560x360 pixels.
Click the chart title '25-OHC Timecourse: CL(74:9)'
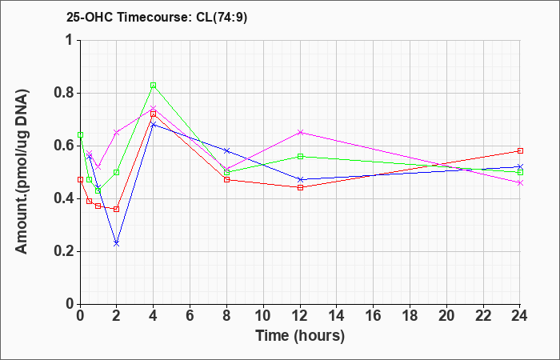(157, 18)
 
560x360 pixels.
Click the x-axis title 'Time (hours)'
(300, 336)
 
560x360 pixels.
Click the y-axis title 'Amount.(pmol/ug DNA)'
(22, 171)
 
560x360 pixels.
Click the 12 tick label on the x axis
(300, 316)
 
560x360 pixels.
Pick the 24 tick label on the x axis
(519, 316)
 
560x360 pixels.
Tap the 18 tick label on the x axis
(410, 316)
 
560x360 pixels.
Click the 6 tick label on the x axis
(190, 316)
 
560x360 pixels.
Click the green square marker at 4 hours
(154, 86)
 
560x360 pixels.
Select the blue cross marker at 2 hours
(117, 243)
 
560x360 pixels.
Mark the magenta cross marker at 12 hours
(300, 133)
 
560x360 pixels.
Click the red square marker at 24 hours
(520, 150)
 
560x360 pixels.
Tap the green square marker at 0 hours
(80, 135)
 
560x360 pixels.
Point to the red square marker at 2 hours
(117, 210)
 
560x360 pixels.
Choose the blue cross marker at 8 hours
(226, 150)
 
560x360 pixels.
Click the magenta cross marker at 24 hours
(520, 183)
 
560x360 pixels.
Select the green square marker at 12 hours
(300, 157)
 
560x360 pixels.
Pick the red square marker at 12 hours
(300, 187)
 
